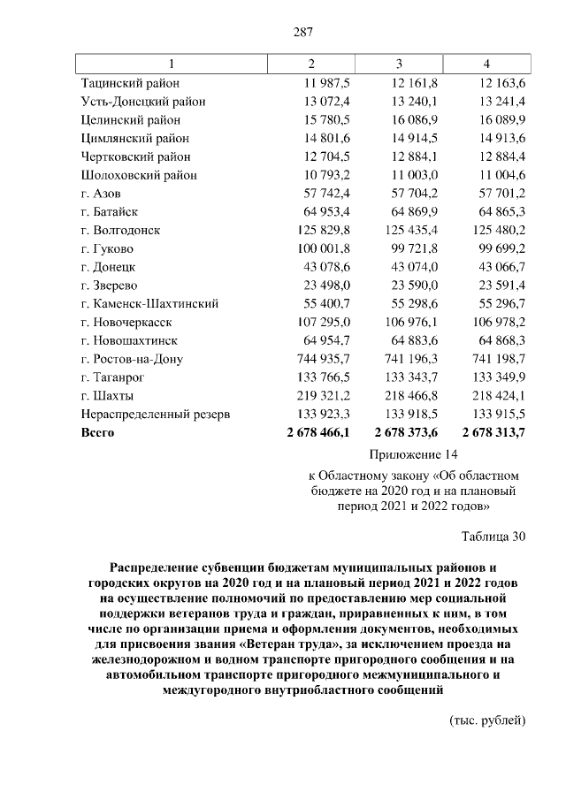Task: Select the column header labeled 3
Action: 399,64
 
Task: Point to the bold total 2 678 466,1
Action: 318,433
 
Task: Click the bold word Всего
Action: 97,433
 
